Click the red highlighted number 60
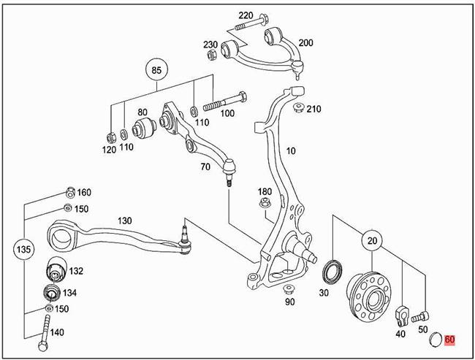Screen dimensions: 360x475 pos(449,339)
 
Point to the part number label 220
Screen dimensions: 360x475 pos(245,15)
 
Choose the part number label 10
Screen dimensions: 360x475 pos(290,151)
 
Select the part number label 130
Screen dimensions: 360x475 pos(123,221)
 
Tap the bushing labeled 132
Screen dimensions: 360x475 pos(56,270)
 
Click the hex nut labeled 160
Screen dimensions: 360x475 pos(69,193)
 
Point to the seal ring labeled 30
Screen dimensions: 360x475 pos(332,271)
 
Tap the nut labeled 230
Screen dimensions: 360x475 pos(212,55)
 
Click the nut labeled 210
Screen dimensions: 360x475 pos(298,109)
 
